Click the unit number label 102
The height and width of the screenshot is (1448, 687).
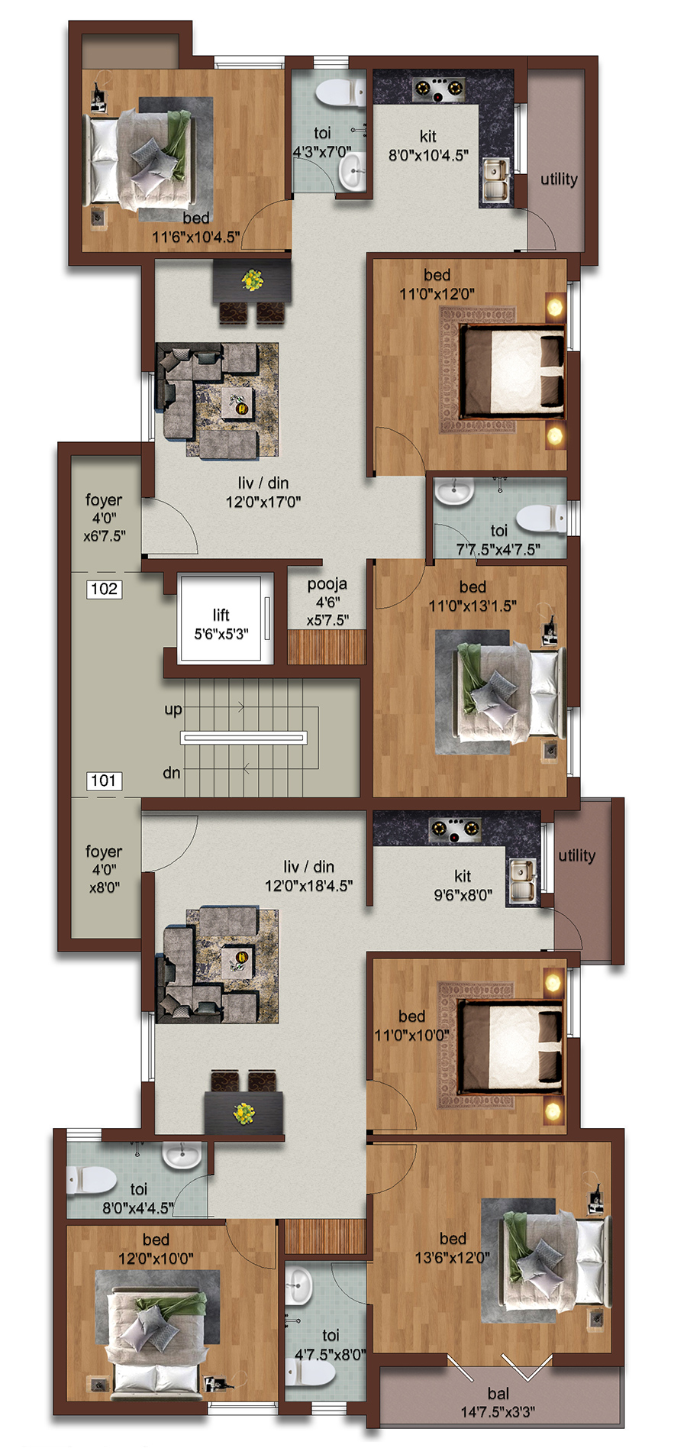pyautogui.click(x=104, y=589)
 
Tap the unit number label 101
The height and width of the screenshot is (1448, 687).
pyautogui.click(x=104, y=781)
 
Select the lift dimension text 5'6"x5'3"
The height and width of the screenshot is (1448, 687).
pyautogui.click(x=221, y=634)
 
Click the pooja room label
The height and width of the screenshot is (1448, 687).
pyautogui.click(x=327, y=584)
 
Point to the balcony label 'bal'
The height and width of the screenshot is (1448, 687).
pyautogui.click(x=498, y=1394)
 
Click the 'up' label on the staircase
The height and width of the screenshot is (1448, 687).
pyautogui.click(x=173, y=709)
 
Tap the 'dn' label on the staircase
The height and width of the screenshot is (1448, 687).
pyautogui.click(x=172, y=773)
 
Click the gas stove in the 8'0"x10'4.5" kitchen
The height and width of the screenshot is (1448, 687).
pyautogui.click(x=438, y=89)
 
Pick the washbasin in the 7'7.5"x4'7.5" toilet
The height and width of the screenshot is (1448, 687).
pyautogui.click(x=456, y=492)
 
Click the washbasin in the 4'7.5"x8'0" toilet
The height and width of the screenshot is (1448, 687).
pyautogui.click(x=300, y=1285)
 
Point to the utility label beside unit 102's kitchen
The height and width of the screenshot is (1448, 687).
pyautogui.click(x=559, y=179)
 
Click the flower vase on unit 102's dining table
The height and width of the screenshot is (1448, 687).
pyautogui.click(x=252, y=280)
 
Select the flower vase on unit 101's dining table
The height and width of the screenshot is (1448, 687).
pyautogui.click(x=244, y=1113)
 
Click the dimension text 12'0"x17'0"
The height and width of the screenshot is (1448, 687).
pyautogui.click(x=263, y=502)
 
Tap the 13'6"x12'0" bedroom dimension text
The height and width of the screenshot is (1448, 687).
pyautogui.click(x=453, y=1257)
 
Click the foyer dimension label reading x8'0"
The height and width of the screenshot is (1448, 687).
pyautogui.click(x=105, y=888)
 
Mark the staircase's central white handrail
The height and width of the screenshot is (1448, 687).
pyautogui.click(x=244, y=738)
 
